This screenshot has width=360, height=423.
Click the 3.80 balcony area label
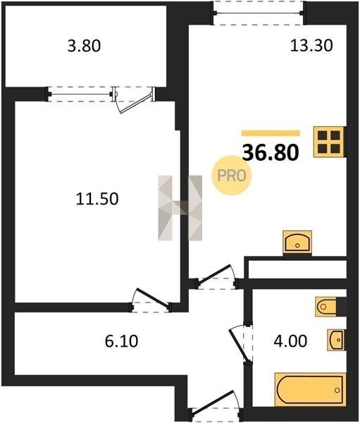84,46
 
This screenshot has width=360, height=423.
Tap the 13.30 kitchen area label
311,45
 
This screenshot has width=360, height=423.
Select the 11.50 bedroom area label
97,199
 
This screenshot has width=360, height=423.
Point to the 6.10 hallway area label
121,341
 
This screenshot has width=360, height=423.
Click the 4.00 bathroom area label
290,341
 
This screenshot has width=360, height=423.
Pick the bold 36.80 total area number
271,152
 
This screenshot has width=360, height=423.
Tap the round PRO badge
231,176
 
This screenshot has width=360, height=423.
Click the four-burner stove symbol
329,142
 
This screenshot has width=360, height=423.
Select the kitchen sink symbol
297,243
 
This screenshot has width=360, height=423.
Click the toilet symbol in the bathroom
325,307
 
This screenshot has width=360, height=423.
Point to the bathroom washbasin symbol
336,340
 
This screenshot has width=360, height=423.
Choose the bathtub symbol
310,390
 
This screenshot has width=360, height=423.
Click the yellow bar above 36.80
271,133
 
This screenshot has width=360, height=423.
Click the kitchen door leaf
215,274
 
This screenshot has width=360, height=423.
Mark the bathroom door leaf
238,345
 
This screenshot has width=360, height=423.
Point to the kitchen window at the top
259,13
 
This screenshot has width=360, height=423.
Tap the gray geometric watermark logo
180,208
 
